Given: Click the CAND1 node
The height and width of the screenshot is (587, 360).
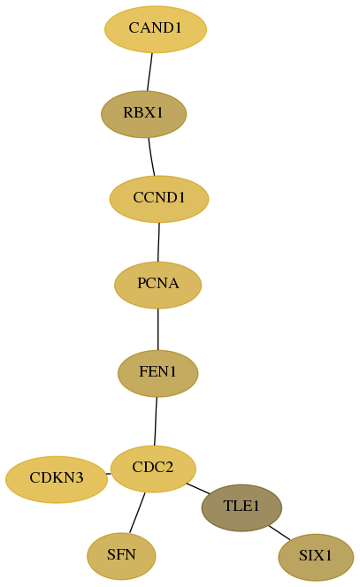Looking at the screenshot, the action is click(x=156, y=29).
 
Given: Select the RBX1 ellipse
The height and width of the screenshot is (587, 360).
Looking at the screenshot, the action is click(x=144, y=114).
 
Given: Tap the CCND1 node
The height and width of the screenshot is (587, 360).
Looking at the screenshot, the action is click(x=159, y=199).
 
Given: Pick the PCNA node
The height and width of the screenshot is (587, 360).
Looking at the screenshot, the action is click(x=158, y=285).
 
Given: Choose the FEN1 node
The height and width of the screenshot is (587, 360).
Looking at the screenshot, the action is click(x=158, y=373).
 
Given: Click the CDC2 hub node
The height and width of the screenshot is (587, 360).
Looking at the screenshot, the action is click(x=153, y=469).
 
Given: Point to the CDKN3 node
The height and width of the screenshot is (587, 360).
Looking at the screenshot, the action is click(x=57, y=479).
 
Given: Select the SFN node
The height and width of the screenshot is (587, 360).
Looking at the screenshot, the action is click(x=121, y=556).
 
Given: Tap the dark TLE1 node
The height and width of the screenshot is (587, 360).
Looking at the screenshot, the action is click(x=241, y=507).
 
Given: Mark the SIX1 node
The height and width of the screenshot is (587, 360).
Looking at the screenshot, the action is click(x=316, y=557).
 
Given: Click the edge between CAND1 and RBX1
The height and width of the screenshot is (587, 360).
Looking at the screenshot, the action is click(x=149, y=72).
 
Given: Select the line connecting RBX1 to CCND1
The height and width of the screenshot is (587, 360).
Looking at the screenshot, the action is click(x=151, y=156).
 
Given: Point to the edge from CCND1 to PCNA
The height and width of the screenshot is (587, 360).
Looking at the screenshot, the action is click(x=158, y=242).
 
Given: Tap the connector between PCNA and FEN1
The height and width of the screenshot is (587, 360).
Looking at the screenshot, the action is click(x=158, y=329).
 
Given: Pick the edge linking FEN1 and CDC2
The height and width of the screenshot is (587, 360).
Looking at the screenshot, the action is click(x=156, y=421).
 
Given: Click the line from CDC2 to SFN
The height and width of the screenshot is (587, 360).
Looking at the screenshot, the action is click(x=137, y=513).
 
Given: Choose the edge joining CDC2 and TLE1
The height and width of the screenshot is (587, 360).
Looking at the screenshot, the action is click(x=198, y=489).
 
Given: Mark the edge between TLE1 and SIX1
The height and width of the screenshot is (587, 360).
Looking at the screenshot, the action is click(x=280, y=533).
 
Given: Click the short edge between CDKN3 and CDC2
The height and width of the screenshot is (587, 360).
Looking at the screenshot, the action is click(x=109, y=474).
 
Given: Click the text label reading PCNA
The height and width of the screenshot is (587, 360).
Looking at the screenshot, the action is click(x=158, y=284).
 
